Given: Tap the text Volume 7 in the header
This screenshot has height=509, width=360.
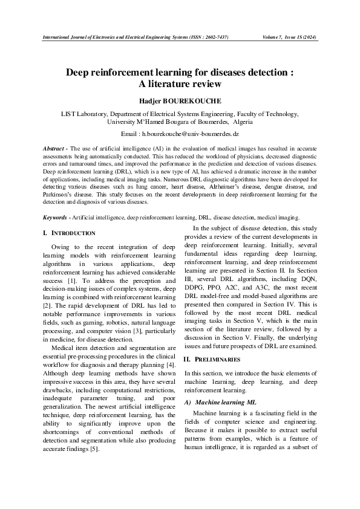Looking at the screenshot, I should point(275,37).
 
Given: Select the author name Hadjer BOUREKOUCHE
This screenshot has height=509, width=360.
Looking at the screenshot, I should point(180,100).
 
